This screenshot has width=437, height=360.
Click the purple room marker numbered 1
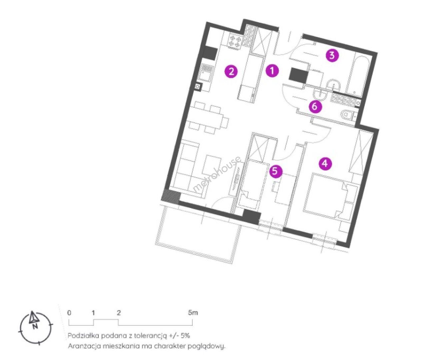click(x=272, y=71)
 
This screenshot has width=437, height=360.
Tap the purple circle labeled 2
click(x=231, y=72)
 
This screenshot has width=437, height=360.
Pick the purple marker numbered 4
click(x=325, y=163)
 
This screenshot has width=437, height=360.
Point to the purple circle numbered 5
click(x=275, y=171)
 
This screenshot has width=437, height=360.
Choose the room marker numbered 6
click(x=315, y=107)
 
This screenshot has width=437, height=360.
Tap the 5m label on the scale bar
click(x=193, y=313)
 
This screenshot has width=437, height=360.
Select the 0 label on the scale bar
click(x=69, y=313)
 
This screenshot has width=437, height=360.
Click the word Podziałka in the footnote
click(x=83, y=336)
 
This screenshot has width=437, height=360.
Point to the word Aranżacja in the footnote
click(x=84, y=346)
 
